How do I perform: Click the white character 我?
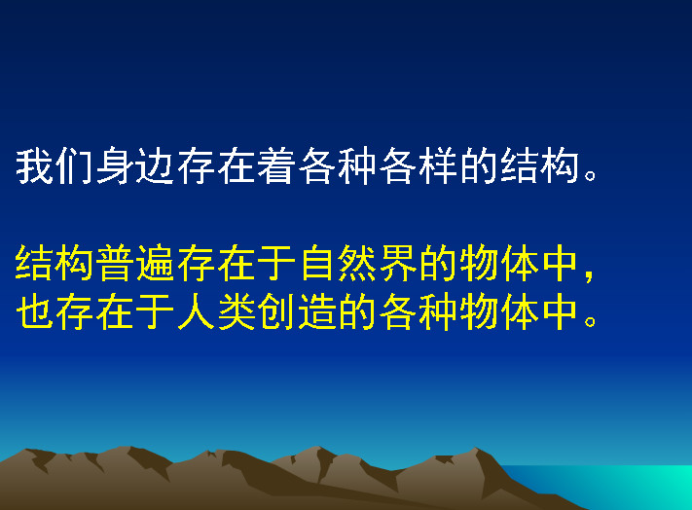pos(34,165)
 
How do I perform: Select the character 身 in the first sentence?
pos(115,165)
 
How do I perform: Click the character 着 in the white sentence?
pos(275,165)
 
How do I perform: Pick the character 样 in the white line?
pos(437,165)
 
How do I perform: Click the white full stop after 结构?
pos(590,175)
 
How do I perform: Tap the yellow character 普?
pos(115,263)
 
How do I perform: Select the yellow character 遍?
pos(155,263)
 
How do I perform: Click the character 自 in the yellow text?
pos(316,263)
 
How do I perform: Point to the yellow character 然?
pos(356,263)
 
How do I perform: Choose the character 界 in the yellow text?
pos(397,263)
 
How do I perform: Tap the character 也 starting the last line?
pos(34,311)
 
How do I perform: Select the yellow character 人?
pos(195,311)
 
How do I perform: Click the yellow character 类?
pos(236,311)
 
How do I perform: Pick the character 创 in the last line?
pos(275,311)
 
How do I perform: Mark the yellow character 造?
pos(316,311)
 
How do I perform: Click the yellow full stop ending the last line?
pos(590,321)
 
